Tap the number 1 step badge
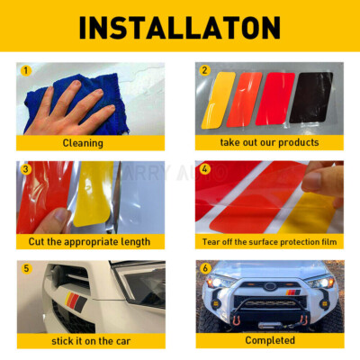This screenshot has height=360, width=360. (26, 70)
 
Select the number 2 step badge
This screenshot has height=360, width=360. (204, 70)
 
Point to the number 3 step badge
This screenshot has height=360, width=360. (26, 168)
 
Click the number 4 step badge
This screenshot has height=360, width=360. (204, 168)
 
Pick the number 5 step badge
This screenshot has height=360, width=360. (26, 268)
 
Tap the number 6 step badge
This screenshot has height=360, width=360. (204, 268)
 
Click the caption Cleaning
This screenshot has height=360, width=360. (82, 142)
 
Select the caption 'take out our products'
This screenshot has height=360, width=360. (269, 142)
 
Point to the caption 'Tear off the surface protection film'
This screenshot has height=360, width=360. (269, 241)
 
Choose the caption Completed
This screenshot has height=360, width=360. (269, 340)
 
